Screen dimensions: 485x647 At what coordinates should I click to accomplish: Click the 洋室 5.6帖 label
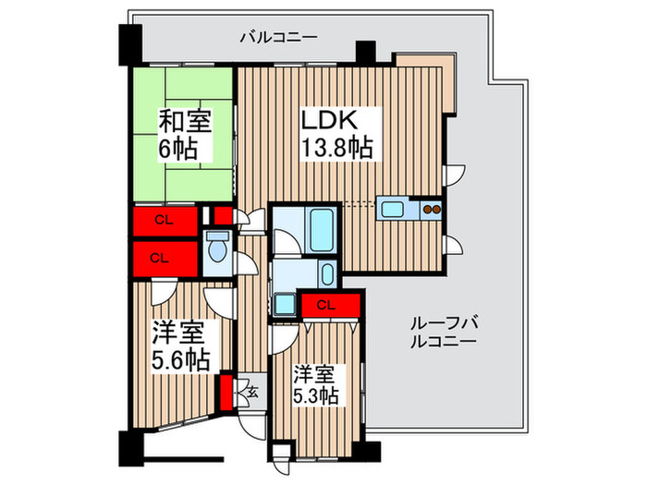[179, 346]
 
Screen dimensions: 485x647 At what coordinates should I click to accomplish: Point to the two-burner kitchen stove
[432, 208]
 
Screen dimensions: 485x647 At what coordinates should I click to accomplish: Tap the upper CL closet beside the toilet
[163, 220]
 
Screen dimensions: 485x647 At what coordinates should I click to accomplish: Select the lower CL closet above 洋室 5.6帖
[159, 258]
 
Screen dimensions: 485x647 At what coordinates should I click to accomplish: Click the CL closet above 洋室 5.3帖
[325, 304]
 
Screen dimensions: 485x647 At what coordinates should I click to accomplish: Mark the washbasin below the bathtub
[327, 274]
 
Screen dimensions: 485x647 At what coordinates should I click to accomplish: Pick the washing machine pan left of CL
[284, 305]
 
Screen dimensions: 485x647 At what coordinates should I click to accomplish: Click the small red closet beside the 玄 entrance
[226, 390]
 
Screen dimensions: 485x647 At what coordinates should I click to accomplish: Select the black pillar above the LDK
[366, 52]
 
